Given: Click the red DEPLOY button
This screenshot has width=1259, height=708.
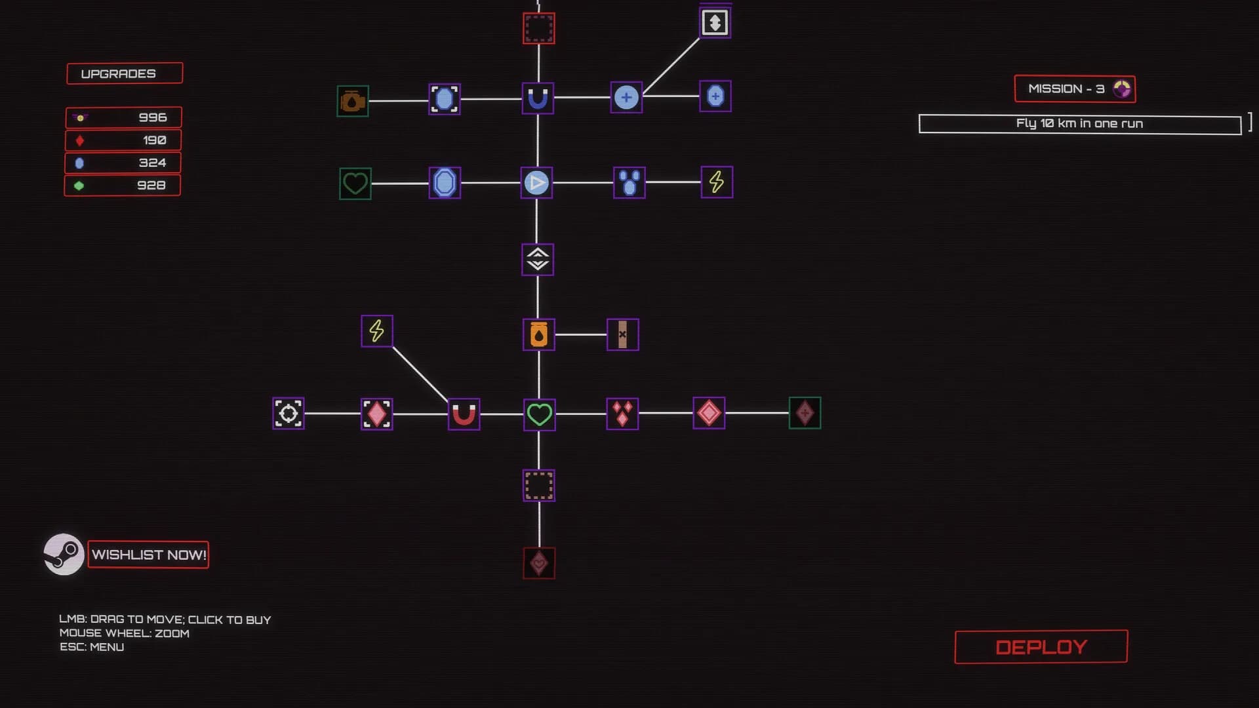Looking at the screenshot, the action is click(x=1041, y=647).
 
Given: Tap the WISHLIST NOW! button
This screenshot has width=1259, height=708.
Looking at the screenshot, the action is click(x=148, y=555).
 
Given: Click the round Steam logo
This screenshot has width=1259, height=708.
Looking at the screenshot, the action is click(x=64, y=555).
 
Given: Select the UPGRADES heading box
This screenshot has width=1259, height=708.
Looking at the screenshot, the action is click(x=125, y=73).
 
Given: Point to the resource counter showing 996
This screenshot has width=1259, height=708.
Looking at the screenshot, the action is click(x=123, y=117).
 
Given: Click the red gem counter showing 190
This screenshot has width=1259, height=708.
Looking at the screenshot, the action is click(x=123, y=140).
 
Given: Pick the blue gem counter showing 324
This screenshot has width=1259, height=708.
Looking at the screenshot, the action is click(x=123, y=163).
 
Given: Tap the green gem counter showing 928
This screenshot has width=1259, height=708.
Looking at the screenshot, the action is click(x=122, y=186).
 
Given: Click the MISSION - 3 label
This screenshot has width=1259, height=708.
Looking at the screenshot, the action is click(x=1075, y=88).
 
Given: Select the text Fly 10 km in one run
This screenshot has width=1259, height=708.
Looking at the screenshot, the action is click(x=1079, y=123).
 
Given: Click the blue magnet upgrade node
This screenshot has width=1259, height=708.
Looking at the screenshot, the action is click(x=538, y=98).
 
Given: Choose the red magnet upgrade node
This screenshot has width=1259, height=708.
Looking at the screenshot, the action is click(x=464, y=414).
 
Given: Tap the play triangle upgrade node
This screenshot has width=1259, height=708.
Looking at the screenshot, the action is click(x=536, y=182).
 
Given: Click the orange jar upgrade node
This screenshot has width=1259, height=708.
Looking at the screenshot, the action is click(x=539, y=334).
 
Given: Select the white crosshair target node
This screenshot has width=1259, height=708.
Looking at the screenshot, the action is click(x=289, y=414).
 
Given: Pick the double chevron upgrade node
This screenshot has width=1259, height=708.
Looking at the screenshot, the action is click(x=538, y=260).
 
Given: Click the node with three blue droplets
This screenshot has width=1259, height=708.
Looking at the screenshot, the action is click(x=629, y=182).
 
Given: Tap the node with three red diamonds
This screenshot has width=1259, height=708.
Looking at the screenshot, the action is click(x=622, y=414).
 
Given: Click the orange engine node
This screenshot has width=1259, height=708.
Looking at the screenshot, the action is click(x=353, y=101).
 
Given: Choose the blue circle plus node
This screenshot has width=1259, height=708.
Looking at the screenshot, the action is click(x=626, y=98).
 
